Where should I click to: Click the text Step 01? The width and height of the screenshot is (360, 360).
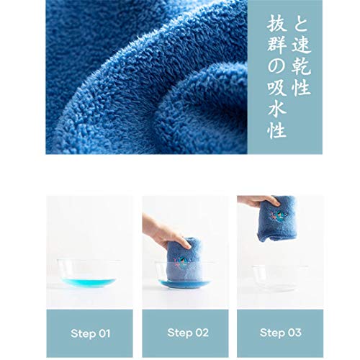(x=90, y=333)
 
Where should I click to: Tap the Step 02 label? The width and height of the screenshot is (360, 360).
(x=188, y=333)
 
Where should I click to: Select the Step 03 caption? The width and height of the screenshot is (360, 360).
(x=281, y=333)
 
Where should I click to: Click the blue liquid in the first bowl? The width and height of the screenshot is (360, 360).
(x=89, y=282)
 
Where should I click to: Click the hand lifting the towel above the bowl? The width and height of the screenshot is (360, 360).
(x=259, y=201)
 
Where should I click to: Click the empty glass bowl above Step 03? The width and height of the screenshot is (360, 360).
(x=280, y=278)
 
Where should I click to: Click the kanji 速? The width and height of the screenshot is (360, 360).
(x=301, y=45)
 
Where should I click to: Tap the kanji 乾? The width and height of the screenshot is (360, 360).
(x=301, y=66)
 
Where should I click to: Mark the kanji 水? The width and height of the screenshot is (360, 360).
(x=277, y=109)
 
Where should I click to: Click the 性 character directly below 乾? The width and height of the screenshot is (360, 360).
(x=301, y=86)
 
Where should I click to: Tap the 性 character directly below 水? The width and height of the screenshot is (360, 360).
(x=277, y=130)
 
